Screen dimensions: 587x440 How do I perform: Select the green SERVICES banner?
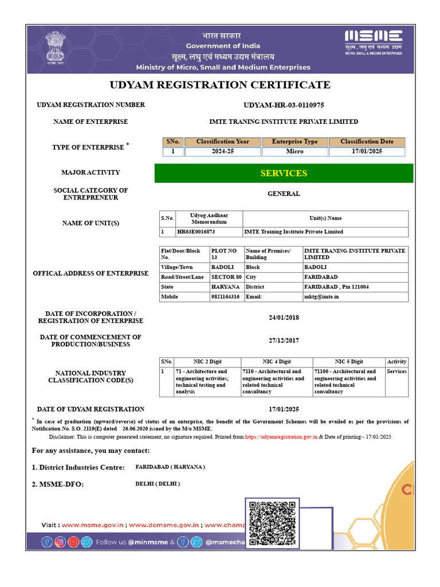(x=284, y=173)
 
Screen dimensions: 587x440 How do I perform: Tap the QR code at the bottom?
(x=273, y=523)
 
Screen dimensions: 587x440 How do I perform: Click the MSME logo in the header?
(x=373, y=42)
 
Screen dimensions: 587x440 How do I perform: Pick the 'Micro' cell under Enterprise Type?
(x=294, y=152)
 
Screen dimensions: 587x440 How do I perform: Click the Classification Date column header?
(x=367, y=142)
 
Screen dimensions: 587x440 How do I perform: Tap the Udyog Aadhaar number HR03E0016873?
(x=196, y=232)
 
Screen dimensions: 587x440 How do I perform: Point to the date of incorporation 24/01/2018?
(x=284, y=318)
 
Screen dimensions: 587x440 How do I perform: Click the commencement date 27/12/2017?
(x=284, y=341)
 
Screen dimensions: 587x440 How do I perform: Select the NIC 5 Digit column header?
(x=349, y=362)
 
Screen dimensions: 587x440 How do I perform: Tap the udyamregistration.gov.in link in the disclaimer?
(x=281, y=436)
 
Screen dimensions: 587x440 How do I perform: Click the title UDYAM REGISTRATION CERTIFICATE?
(x=220, y=85)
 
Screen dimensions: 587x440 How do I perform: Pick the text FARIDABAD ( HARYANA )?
(x=170, y=467)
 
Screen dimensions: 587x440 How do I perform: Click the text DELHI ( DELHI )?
(x=158, y=484)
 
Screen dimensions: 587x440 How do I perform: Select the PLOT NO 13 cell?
(x=224, y=254)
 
